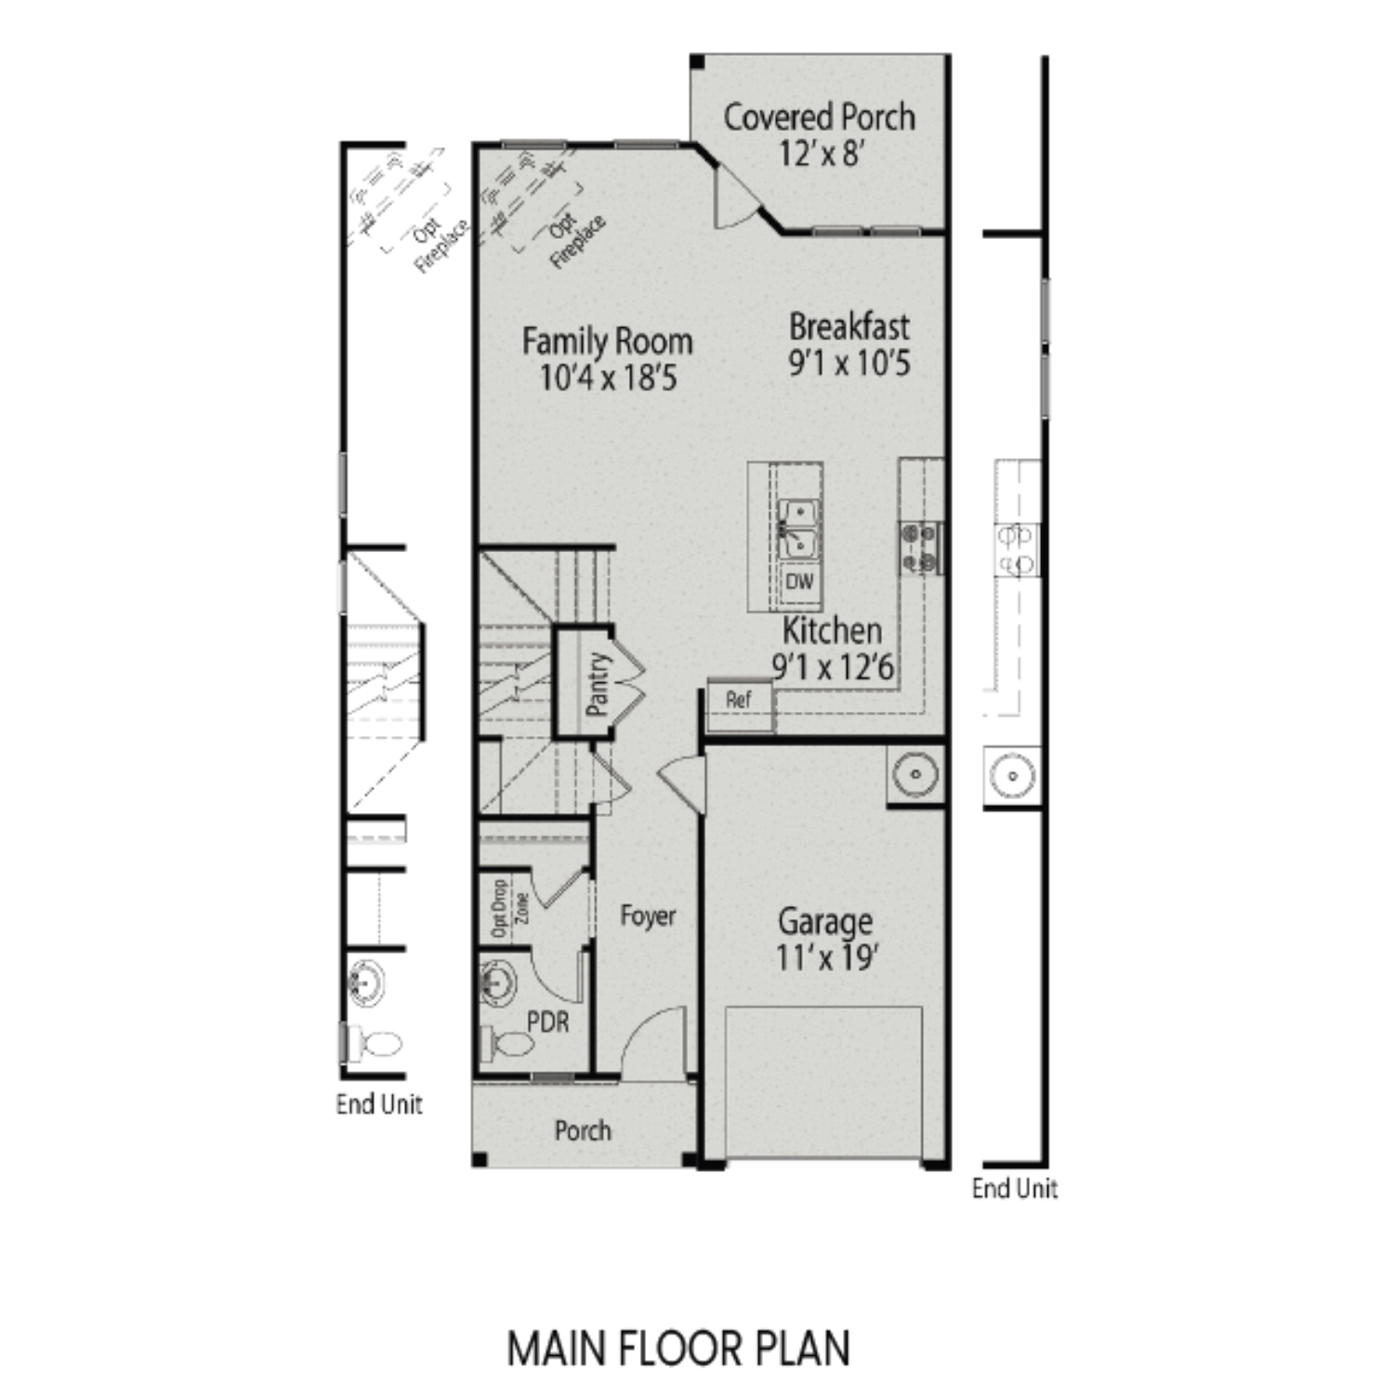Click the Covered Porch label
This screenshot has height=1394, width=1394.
point(819,117)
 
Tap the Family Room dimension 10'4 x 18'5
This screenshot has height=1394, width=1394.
point(608,378)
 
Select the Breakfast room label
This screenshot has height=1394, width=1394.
point(848,327)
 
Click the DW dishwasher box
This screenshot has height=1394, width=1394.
point(799,582)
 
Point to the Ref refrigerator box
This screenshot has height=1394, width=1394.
point(739,700)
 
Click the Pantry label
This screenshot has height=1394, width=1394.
point(598,684)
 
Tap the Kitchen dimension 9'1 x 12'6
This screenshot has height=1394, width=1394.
point(833,666)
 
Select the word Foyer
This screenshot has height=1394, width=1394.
point(648,916)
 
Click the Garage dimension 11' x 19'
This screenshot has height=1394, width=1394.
point(826,956)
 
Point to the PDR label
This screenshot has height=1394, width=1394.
point(547,1022)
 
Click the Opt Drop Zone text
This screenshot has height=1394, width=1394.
point(510,908)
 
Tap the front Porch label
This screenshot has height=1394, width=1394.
point(583,1131)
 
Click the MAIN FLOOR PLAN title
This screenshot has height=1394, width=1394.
point(678,1348)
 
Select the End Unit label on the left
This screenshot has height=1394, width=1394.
point(379,1104)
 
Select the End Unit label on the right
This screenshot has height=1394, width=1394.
point(1014,1188)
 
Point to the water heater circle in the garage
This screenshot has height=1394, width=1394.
point(915,773)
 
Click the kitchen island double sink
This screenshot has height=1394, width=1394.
point(798,528)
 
